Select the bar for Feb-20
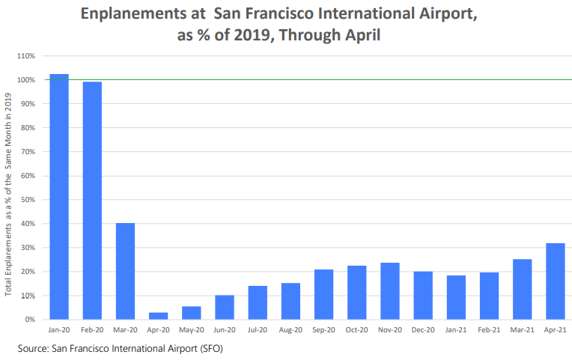point(92,201)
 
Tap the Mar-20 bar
point(125,271)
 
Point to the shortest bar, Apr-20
point(158,316)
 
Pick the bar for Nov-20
point(390,291)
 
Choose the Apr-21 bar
point(556,281)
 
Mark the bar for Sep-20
point(323,294)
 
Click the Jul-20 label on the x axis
point(258,329)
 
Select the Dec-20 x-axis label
point(423,329)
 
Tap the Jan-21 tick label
point(456,329)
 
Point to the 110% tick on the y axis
point(25,56)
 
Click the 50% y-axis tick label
point(28,200)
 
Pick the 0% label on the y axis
point(30,320)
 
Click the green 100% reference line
point(299,80)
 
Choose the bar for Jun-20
point(225,307)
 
